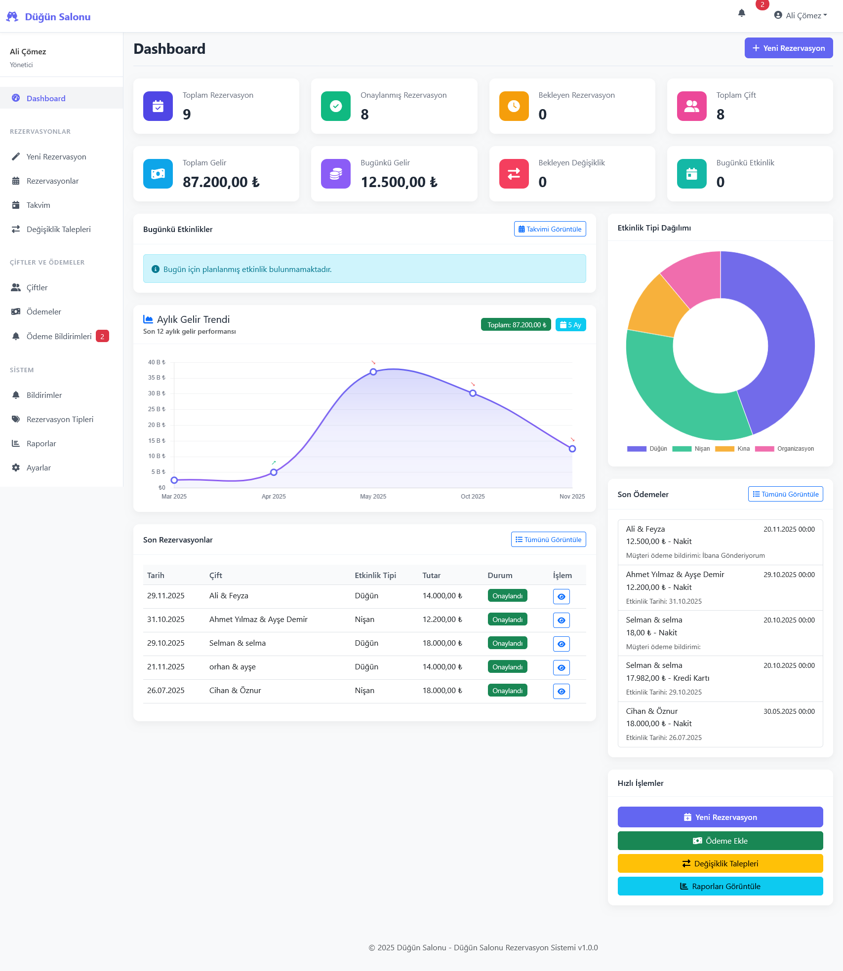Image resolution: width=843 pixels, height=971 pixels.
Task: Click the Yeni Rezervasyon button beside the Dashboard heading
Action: pos(788,48)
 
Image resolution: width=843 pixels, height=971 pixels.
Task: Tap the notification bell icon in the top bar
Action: pos(741,13)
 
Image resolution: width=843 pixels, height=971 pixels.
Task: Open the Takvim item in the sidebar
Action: pos(38,205)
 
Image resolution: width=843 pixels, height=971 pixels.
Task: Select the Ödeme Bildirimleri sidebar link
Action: pos(59,336)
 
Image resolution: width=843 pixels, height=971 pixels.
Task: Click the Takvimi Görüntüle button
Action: pos(550,229)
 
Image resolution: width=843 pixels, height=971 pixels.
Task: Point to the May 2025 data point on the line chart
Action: pos(373,372)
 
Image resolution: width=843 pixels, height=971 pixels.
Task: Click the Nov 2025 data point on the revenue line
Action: pos(572,449)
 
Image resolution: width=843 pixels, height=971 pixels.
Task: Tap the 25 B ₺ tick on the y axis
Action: pos(157,409)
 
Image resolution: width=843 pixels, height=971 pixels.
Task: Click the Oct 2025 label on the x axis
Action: pos(473,497)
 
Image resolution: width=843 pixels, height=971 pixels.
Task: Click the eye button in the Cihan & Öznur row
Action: pos(561,691)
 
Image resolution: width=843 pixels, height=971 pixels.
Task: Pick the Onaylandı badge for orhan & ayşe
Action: pos(507,667)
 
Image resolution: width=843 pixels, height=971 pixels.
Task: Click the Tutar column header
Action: pos(431,575)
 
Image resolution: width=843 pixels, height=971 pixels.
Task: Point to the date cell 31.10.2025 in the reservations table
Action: pos(166,620)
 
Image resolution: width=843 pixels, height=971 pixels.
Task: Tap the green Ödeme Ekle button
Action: pos(720,841)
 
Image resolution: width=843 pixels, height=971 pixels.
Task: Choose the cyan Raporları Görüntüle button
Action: pos(720,886)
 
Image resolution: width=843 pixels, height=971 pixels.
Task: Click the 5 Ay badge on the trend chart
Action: pos(570,325)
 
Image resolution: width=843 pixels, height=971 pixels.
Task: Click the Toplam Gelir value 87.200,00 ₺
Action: pos(221,182)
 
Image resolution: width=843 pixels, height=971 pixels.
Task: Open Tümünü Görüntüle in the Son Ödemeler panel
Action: pos(785,494)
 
